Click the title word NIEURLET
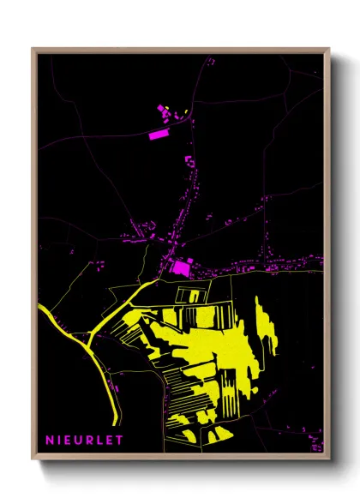(84, 440)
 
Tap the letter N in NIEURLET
(50, 440)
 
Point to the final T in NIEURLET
(119, 440)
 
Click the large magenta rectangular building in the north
(159, 134)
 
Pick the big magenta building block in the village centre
(181, 268)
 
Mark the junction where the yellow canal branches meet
(91, 342)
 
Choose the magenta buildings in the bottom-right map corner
(316, 445)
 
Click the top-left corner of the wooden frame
(33, 49)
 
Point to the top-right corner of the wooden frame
(329, 49)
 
